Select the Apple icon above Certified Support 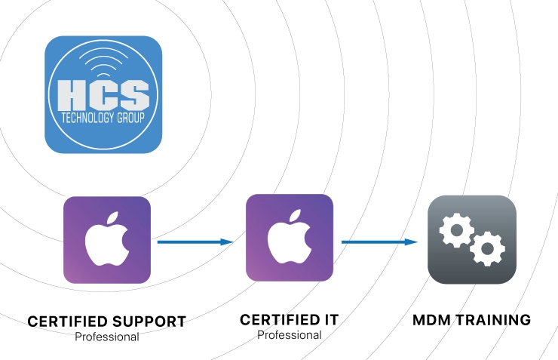tap(107, 240)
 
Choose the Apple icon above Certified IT tap(290, 238)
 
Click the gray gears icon tap(472, 240)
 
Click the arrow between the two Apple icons tap(195, 242)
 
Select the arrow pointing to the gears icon tap(379, 242)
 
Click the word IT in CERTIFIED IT tap(329, 320)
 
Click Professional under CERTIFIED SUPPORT tap(107, 337)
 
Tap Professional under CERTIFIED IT tap(290, 334)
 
